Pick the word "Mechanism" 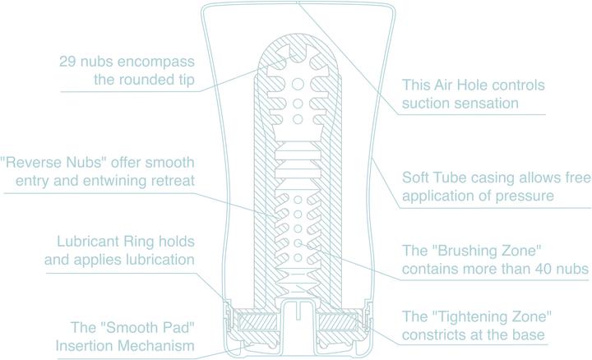coord(161,345)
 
